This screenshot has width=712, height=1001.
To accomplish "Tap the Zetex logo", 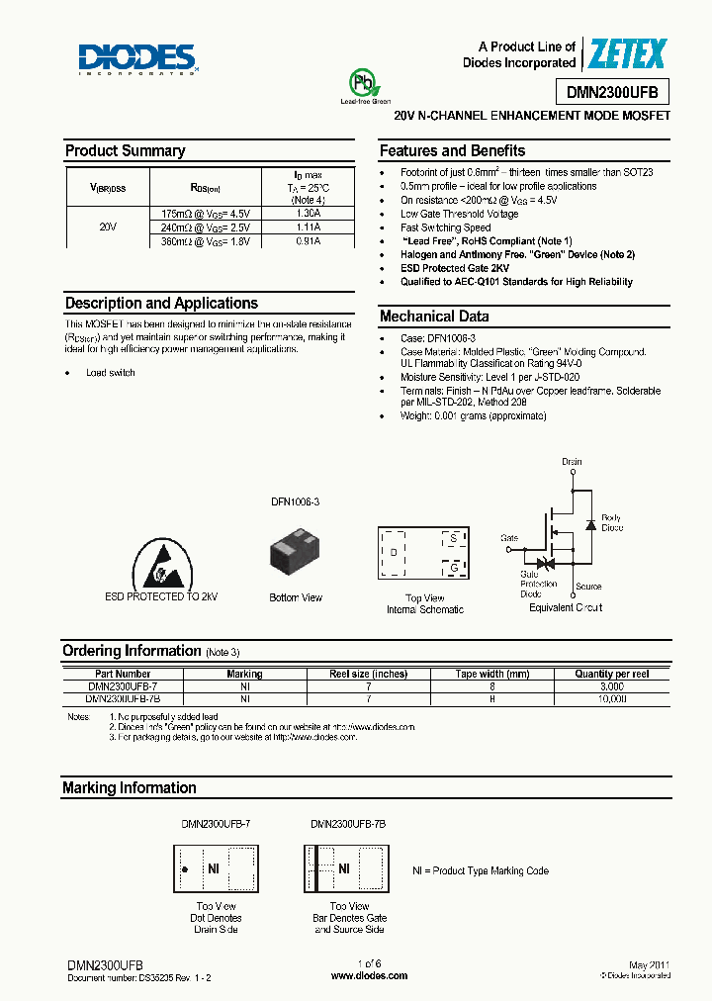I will [x=627, y=54].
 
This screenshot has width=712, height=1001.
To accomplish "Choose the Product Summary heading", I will [x=125, y=151].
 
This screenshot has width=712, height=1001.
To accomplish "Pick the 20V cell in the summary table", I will [x=109, y=227].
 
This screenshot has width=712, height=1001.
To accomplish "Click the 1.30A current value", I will [x=309, y=213].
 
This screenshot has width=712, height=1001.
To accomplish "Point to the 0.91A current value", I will [x=309, y=240].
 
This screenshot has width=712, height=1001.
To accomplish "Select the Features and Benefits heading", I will [x=452, y=151].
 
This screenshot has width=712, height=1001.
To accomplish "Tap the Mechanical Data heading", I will [x=434, y=317].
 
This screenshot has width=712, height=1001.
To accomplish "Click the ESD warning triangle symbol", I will [x=160, y=564].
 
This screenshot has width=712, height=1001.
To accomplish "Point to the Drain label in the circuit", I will [x=572, y=462].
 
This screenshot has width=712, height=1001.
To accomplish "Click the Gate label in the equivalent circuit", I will [x=509, y=538].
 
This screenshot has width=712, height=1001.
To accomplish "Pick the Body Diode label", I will [x=612, y=522].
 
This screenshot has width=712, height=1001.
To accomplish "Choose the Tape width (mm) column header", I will [x=492, y=674].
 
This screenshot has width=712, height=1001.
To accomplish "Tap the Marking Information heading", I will [x=130, y=788].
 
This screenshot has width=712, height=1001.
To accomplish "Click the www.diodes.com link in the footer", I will [x=369, y=975].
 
